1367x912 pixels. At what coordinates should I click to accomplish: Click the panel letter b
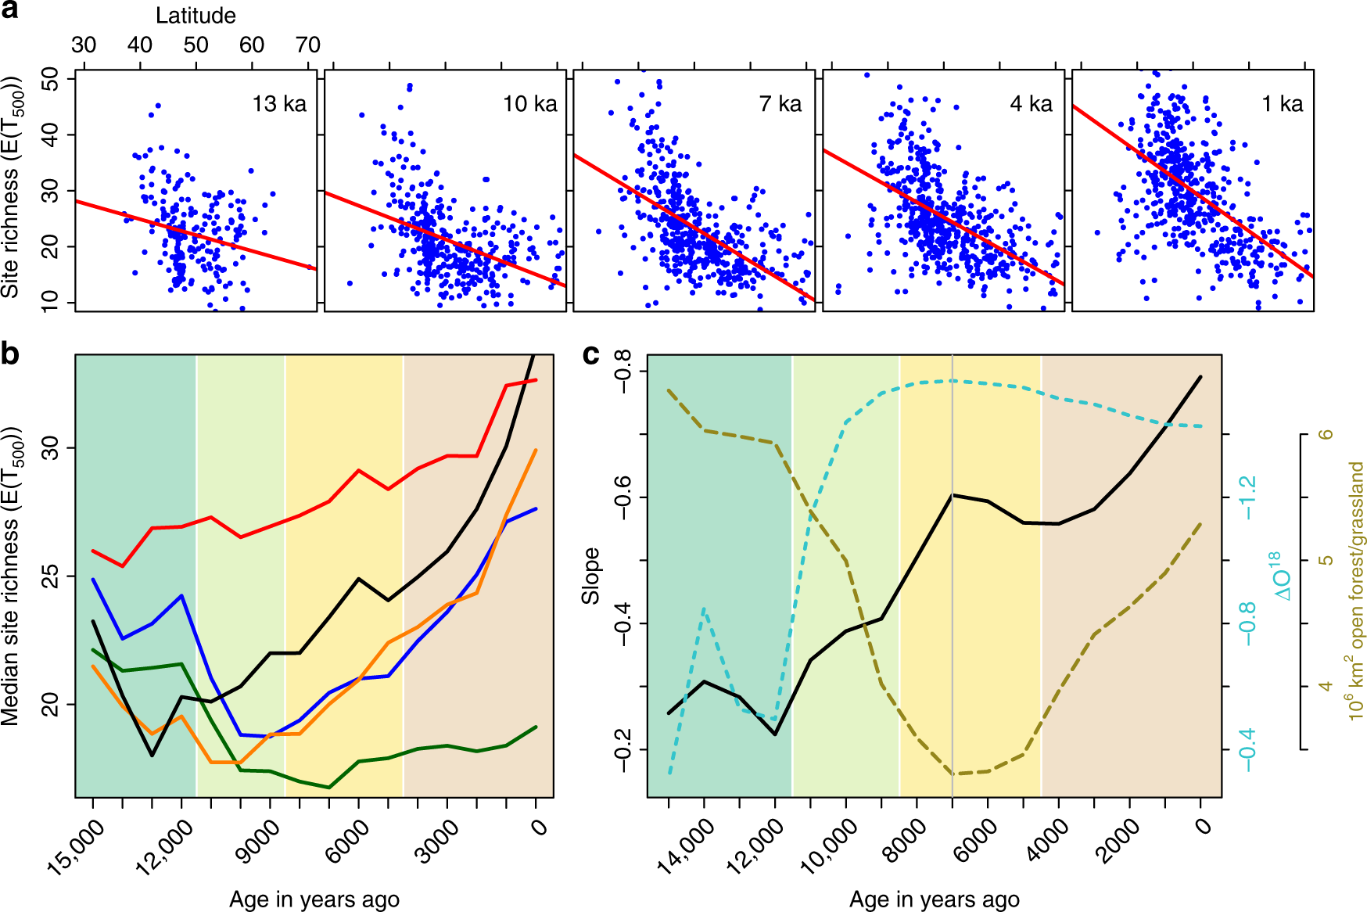click(10, 355)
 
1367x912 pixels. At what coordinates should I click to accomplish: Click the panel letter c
click(592, 355)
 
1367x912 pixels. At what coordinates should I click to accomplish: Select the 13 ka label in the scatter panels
click(279, 104)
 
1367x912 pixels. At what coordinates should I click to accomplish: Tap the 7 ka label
click(780, 104)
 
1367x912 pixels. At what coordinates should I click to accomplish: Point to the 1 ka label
click(1282, 104)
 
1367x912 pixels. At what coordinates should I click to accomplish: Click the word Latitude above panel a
click(196, 16)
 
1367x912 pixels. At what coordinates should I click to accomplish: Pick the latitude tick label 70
click(308, 45)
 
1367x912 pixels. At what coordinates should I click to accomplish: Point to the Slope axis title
click(591, 576)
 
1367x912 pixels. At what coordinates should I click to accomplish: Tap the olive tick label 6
click(1326, 434)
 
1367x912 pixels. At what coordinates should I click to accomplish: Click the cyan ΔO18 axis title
click(1281, 576)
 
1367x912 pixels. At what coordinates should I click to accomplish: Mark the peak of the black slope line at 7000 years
click(953, 494)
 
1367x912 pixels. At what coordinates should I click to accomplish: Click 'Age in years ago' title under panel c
click(934, 899)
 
